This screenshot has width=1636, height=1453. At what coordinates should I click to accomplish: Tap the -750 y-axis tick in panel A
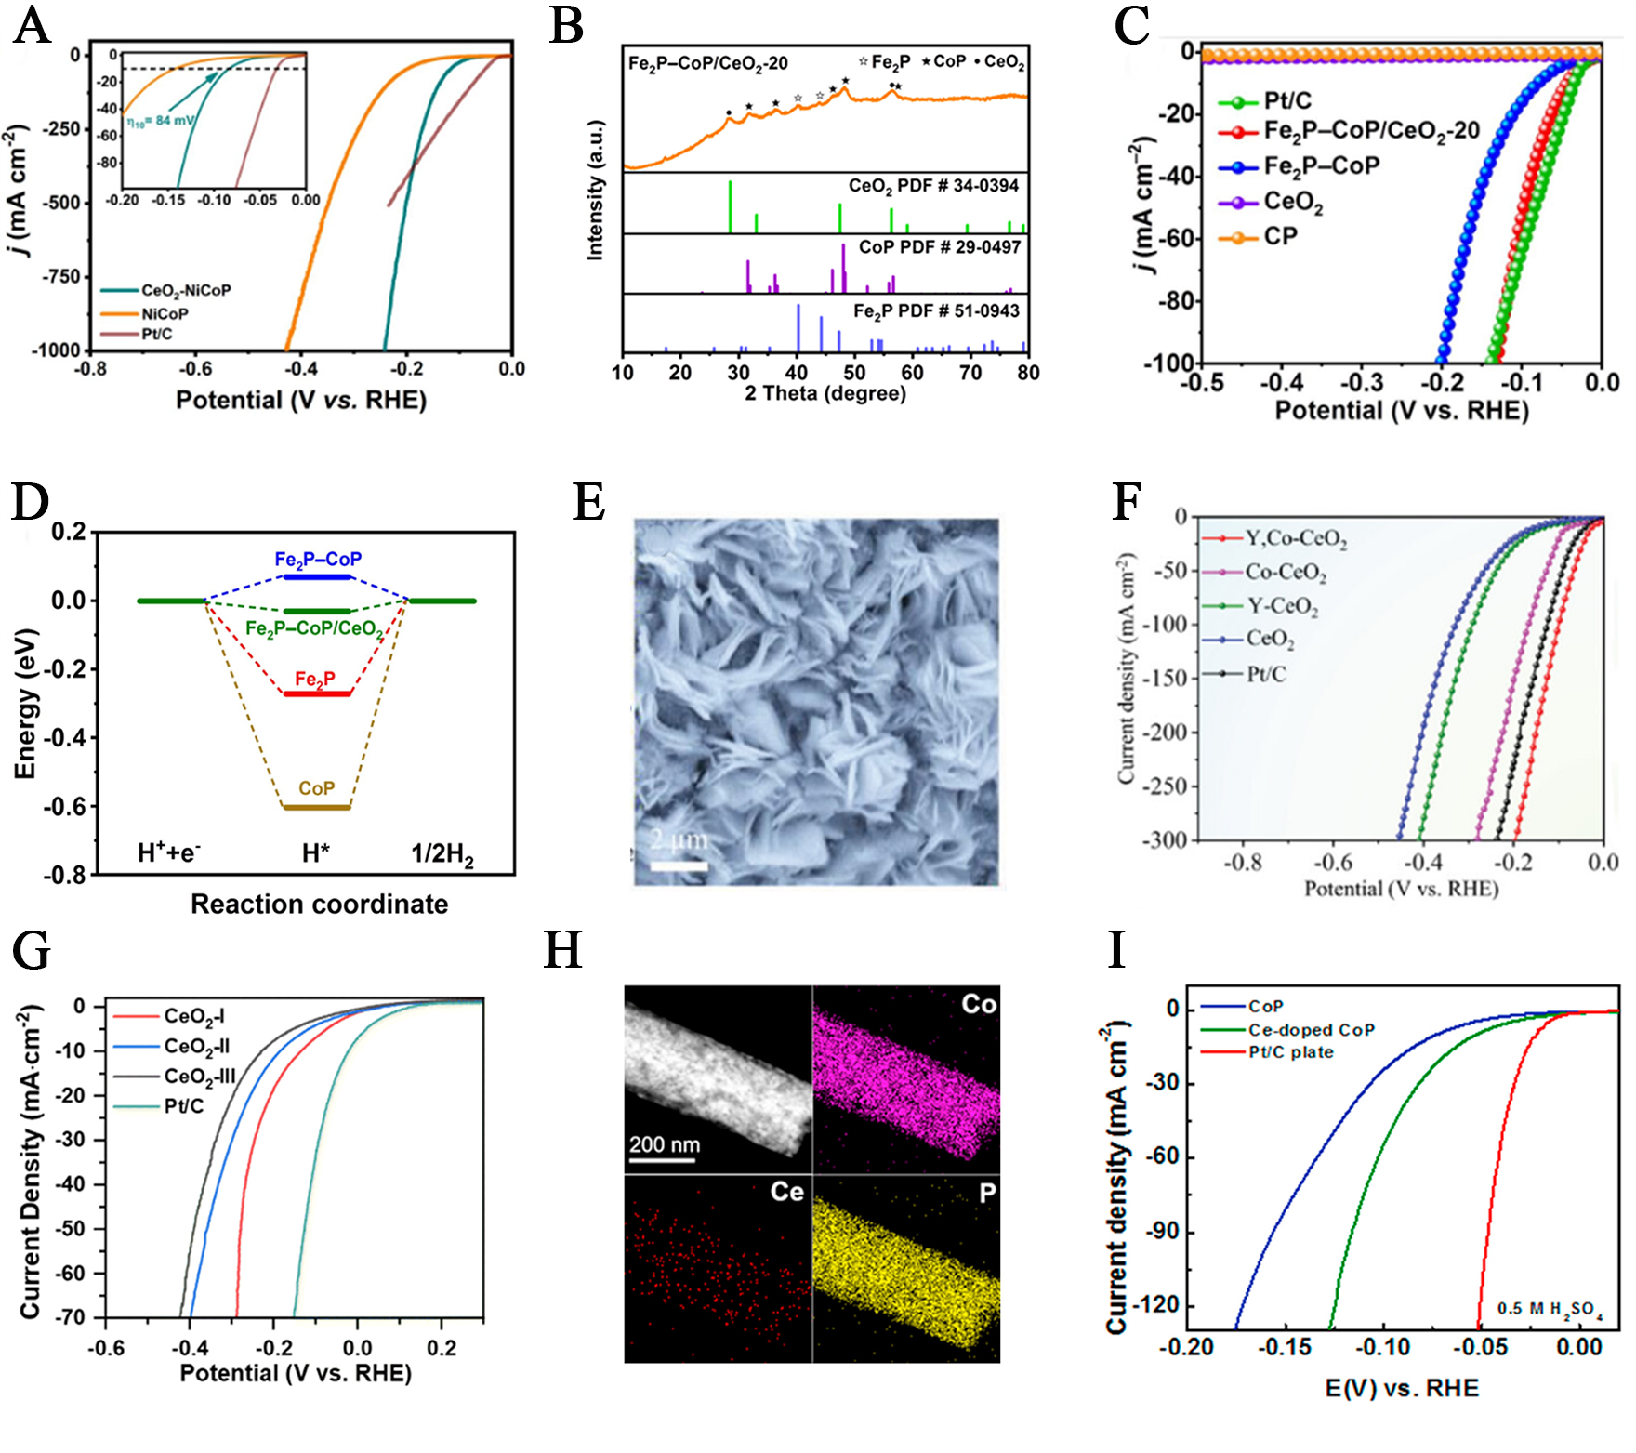tap(61, 277)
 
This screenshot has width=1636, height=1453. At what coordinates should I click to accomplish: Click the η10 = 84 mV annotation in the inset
tap(161, 121)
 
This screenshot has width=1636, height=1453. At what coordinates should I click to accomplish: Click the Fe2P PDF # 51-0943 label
tap(935, 311)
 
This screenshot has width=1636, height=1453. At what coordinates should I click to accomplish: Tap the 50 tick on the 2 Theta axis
tap(854, 373)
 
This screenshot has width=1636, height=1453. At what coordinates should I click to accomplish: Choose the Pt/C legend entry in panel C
tap(1286, 100)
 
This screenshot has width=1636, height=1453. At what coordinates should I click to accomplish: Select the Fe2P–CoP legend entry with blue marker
tap(1320, 166)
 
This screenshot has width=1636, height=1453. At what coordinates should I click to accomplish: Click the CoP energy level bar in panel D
tap(317, 807)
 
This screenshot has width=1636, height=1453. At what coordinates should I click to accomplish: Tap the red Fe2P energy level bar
tap(317, 693)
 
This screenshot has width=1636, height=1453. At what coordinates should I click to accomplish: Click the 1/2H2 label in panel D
tap(442, 853)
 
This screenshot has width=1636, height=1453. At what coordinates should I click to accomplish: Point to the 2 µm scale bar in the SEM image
tap(679, 865)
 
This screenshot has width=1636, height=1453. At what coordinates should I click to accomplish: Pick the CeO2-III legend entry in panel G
tap(199, 1077)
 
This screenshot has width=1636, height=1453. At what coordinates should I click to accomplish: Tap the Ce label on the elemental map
tap(786, 1192)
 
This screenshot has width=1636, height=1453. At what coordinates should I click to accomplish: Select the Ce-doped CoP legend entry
tap(1311, 1030)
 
